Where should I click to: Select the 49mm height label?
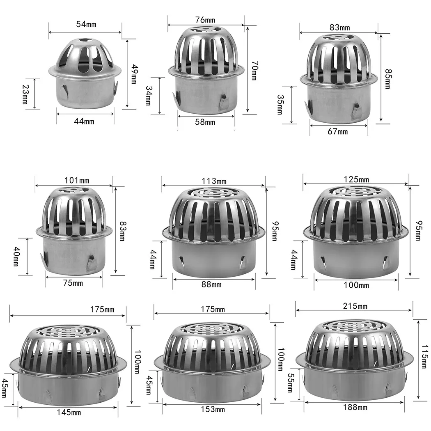tap(133, 74)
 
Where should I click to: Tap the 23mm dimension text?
tap(25, 94)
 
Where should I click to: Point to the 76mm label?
tap(206, 20)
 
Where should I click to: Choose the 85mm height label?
tap(388, 78)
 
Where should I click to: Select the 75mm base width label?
tap(73, 283)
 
